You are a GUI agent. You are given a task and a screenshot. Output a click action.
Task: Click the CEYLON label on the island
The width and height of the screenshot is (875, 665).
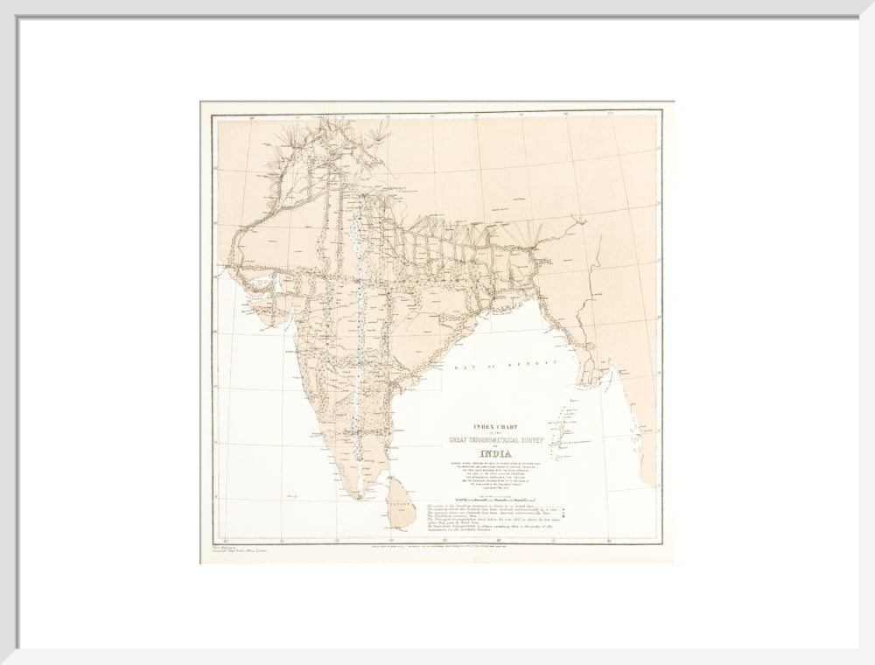click(x=400, y=505)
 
